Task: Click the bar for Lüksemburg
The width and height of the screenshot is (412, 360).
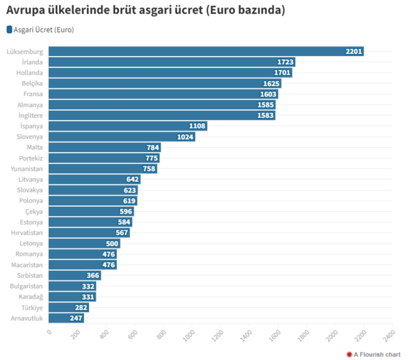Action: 206,51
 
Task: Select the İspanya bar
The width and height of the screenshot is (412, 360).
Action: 128,126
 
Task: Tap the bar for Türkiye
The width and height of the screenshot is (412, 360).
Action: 69,307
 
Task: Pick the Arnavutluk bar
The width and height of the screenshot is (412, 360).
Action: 66,318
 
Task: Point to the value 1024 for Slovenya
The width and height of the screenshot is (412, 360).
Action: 185,137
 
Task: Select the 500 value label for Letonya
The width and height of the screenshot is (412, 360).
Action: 112,243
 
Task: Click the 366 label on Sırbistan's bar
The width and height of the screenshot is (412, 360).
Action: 93,275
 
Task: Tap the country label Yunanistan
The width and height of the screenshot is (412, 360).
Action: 27,169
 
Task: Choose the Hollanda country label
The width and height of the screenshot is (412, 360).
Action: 29,73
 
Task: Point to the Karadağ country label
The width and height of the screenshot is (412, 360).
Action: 30,297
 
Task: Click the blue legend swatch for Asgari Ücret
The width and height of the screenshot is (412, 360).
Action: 9,30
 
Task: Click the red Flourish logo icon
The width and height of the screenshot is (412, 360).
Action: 349,355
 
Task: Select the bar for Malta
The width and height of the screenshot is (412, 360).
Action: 104,147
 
